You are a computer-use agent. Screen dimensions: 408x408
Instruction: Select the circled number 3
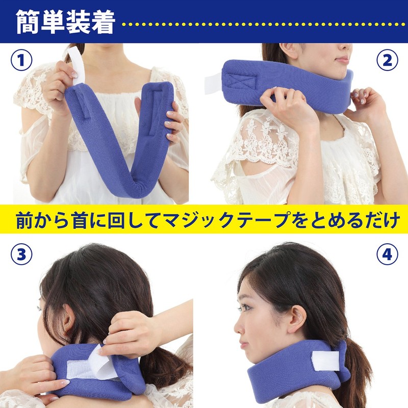tap(21, 253)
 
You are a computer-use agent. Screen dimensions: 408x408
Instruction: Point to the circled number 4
tap(387, 253)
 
